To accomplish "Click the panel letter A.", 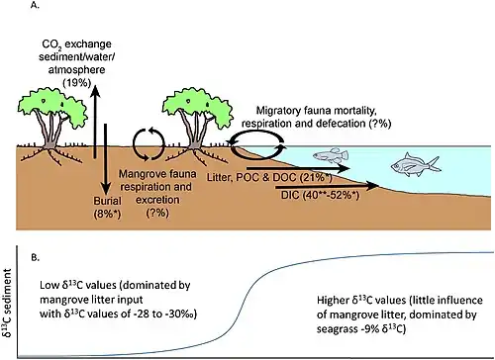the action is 35,5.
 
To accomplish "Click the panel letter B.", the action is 36,258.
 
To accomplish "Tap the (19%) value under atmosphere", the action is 77,82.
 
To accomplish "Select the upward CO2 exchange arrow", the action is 95,121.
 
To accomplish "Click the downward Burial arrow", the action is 106,160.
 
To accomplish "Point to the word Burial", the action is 107,201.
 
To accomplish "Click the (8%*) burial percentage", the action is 107,215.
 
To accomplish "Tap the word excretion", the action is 157,200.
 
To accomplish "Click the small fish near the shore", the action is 331,155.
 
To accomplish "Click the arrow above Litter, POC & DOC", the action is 298,168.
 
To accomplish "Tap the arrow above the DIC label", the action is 327,186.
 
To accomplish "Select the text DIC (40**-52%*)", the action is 320,195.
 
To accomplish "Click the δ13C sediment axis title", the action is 8,303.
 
